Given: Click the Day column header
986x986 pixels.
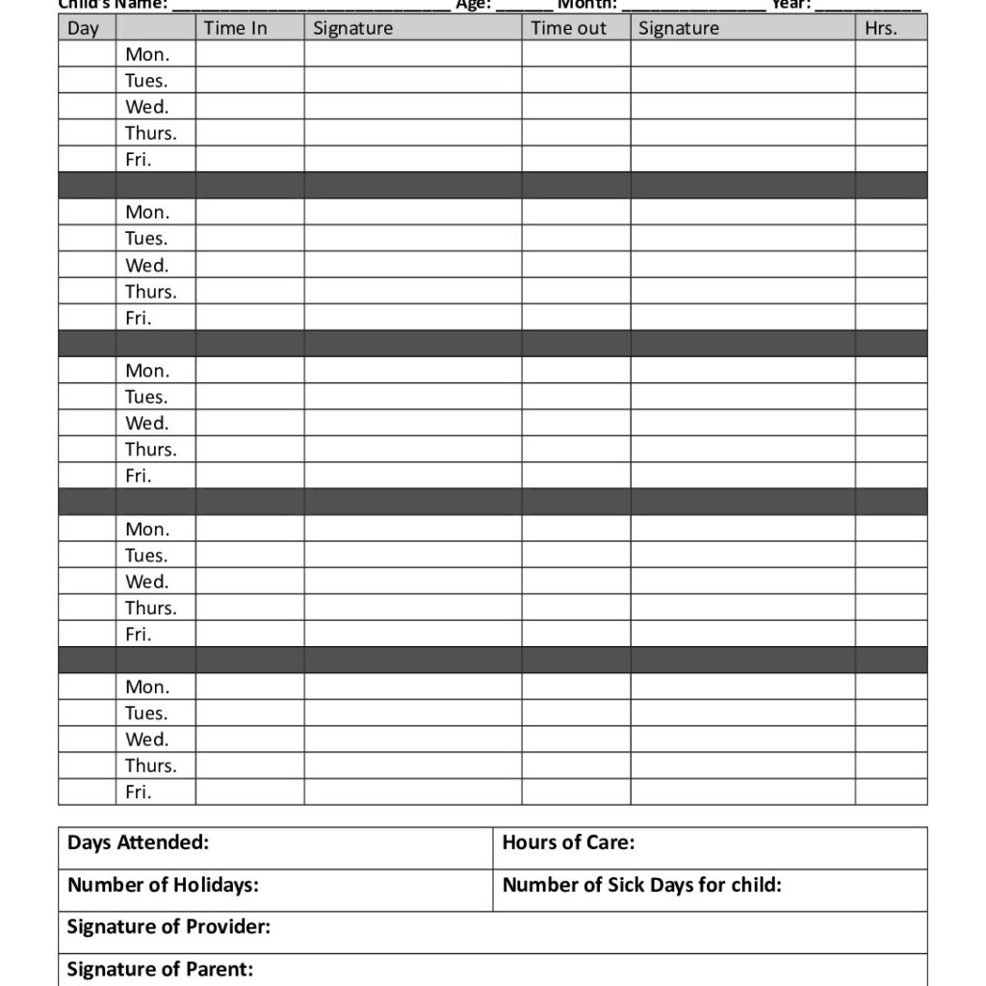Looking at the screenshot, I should pyautogui.click(x=83, y=28).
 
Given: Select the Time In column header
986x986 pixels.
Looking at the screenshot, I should pyautogui.click(x=235, y=28).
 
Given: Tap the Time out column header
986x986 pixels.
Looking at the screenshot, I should pyautogui.click(x=568, y=28).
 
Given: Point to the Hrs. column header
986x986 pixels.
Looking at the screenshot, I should pyautogui.click(x=880, y=28).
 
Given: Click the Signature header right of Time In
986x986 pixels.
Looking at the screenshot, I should pyautogui.click(x=352, y=28).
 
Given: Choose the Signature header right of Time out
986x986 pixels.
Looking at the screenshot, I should pyautogui.click(x=678, y=28).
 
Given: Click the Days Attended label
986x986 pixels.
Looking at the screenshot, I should pyautogui.click(x=138, y=843).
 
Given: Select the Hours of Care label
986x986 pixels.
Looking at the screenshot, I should pyautogui.click(x=568, y=843).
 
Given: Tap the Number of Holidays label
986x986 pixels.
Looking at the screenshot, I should pyautogui.click(x=163, y=885).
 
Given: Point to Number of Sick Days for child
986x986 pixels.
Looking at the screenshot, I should pyautogui.click(x=641, y=885).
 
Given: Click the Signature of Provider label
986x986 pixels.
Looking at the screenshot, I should pyautogui.click(x=169, y=926).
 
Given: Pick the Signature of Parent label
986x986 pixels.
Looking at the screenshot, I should pyautogui.click(x=160, y=969).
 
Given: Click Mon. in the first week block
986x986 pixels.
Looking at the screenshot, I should pyautogui.click(x=146, y=54).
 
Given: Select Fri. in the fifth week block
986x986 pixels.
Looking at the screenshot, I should pyautogui.click(x=138, y=791).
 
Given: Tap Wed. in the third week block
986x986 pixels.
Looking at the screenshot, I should pyautogui.click(x=146, y=423).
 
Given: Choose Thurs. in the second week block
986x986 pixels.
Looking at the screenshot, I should pyautogui.click(x=150, y=291).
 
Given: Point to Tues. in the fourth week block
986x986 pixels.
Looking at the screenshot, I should pyautogui.click(x=145, y=555).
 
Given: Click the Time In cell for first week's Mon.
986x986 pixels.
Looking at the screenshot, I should pyautogui.click(x=249, y=54).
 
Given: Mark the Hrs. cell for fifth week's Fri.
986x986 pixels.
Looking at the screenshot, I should pyautogui.click(x=891, y=791).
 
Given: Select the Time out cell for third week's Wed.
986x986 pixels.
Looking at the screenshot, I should pyautogui.click(x=576, y=423).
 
